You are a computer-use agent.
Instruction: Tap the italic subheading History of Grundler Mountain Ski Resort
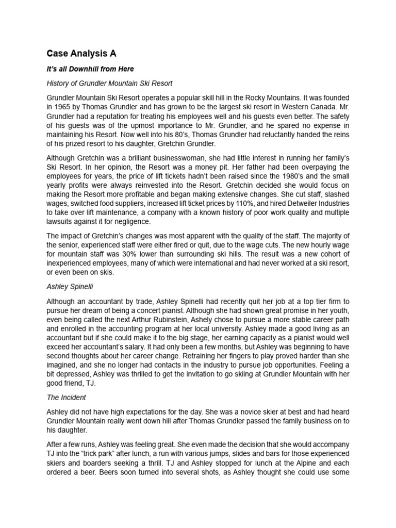(109, 82)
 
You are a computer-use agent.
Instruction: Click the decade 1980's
(287, 175)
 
